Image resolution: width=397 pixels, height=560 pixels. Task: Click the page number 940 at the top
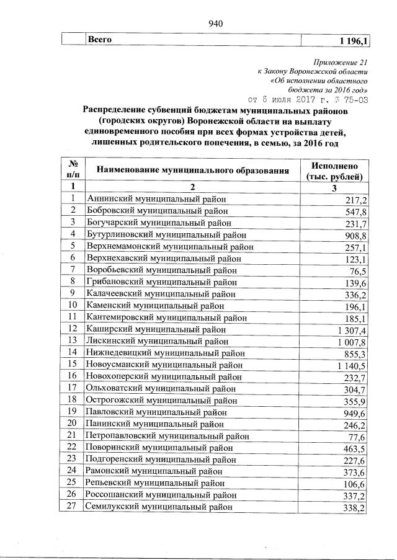[215, 24]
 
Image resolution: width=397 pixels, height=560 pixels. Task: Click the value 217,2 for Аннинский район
[356, 200]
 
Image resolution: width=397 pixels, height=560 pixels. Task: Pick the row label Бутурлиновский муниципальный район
[167, 234]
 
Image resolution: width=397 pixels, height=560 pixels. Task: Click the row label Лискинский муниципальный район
[158, 341]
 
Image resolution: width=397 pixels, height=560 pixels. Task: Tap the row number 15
[73, 363]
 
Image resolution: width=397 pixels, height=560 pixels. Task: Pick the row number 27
[73, 506]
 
